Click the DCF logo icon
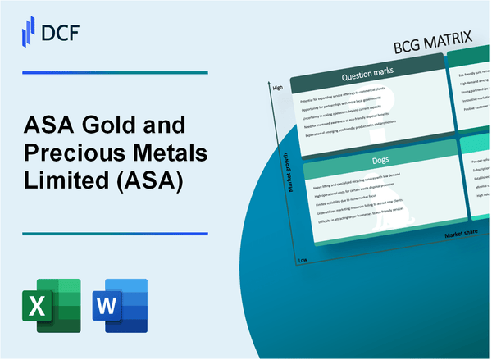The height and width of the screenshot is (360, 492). [x=28, y=31]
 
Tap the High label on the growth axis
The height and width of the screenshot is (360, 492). [x=276, y=86]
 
